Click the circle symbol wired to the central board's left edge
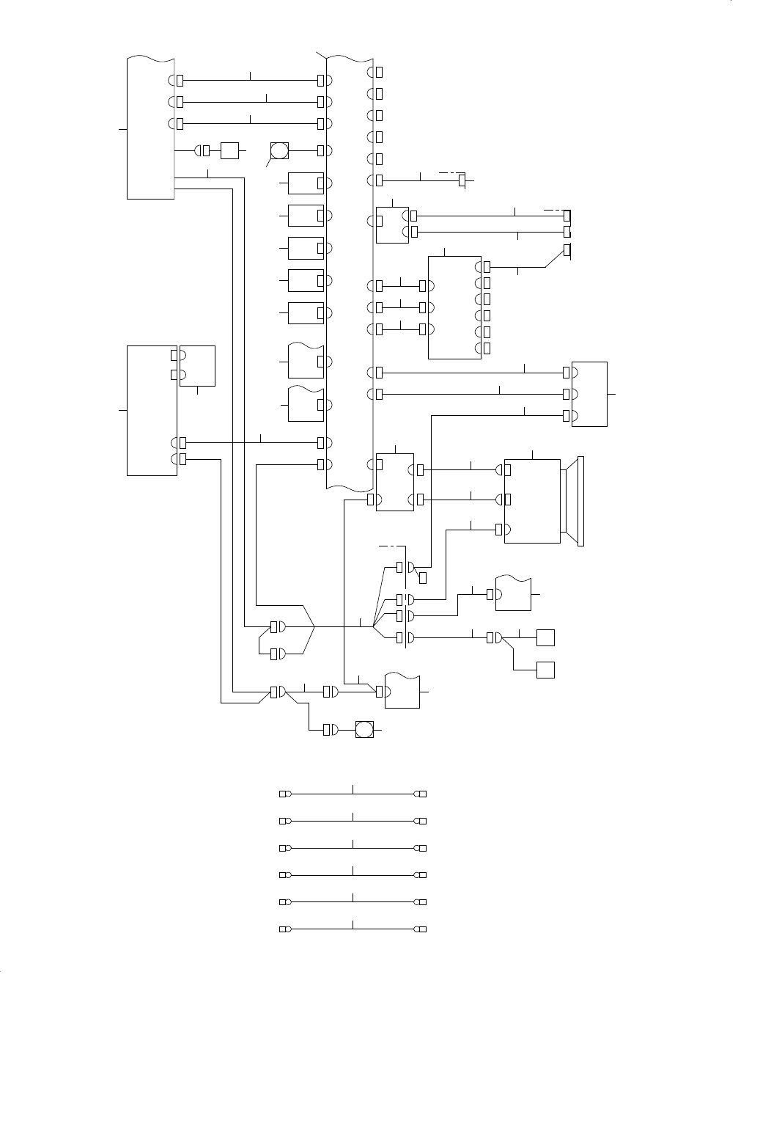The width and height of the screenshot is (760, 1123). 280,151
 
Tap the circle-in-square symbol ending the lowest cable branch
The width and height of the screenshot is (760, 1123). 364,730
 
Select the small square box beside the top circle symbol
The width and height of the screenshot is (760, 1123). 230,150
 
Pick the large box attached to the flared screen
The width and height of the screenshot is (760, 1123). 533,502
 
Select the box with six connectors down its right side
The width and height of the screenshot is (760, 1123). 454,308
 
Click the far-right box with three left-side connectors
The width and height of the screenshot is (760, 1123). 589,394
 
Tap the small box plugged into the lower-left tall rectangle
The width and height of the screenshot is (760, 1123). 197,365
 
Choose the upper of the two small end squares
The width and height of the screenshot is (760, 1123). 545,637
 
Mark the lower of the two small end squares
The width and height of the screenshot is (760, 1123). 545,670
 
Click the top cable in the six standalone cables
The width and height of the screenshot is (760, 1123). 353,794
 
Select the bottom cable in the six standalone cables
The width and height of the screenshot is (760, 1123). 353,929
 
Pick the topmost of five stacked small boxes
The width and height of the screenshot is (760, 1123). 306,183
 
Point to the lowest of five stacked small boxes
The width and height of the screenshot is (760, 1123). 306,312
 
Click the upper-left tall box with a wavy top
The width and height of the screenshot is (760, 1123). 151,126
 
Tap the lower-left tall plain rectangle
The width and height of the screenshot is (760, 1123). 152,410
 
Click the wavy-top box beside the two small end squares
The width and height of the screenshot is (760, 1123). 513,594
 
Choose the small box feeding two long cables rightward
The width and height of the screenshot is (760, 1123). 392,224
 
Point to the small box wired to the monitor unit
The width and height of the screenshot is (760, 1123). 394,482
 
